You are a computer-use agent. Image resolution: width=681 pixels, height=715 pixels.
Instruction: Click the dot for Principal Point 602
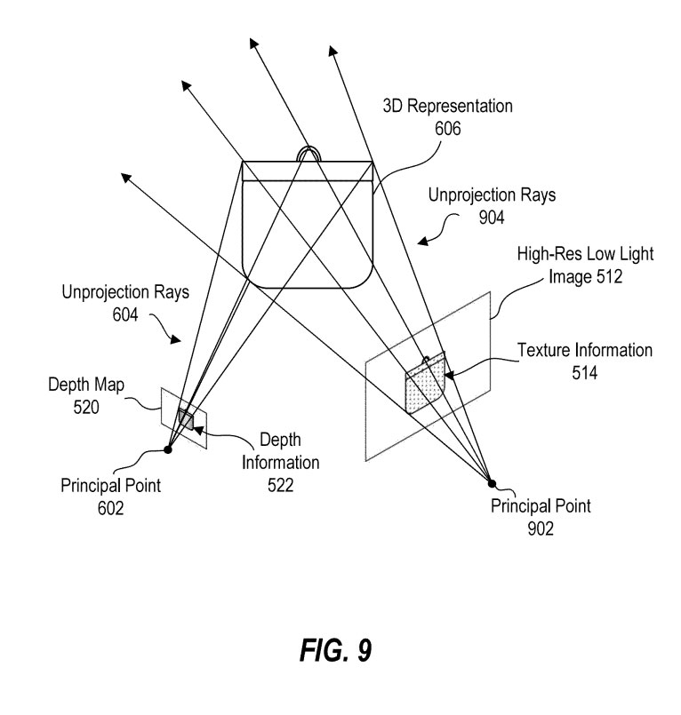tap(169, 449)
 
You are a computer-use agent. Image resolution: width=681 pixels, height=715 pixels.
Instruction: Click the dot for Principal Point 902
tap(492, 482)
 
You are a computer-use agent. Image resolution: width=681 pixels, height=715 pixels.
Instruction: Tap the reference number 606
tap(447, 128)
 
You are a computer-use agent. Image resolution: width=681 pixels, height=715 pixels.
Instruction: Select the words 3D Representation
tap(447, 107)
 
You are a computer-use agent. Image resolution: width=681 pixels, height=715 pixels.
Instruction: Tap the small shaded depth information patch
tap(186, 418)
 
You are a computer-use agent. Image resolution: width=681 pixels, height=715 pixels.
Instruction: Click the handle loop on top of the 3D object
tap(308, 153)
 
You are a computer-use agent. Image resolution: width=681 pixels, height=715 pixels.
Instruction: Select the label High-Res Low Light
tap(585, 254)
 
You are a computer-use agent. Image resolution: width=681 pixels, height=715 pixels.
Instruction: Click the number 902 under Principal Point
tap(540, 529)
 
